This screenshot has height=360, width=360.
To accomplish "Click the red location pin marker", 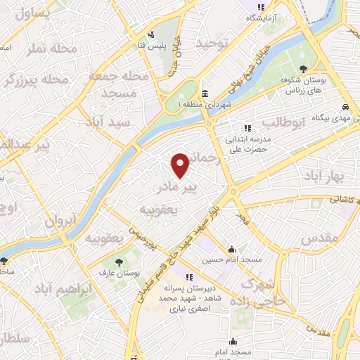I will (x=181, y=165).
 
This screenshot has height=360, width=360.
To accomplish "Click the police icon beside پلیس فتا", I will (x=150, y=35).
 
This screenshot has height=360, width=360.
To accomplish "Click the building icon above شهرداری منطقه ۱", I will (x=204, y=94).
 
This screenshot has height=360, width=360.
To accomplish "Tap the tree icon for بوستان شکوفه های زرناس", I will (x=303, y=68).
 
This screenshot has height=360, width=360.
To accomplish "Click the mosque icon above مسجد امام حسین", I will (x=231, y=249).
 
